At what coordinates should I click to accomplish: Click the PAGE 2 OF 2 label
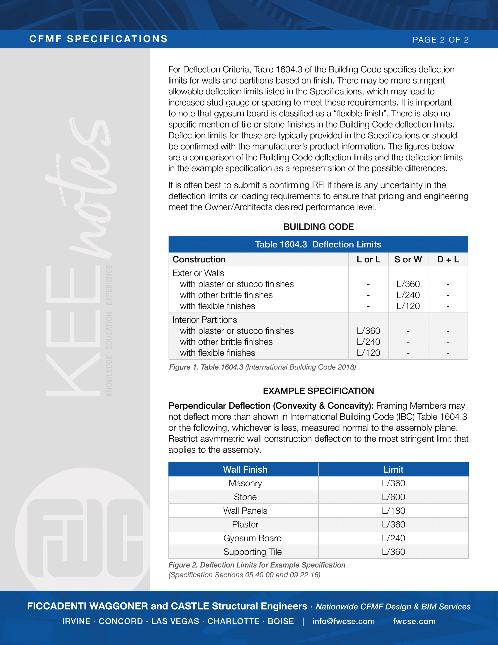tap(441, 40)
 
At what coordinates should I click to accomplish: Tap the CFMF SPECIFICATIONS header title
tap(98, 39)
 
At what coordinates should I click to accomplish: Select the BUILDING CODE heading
tap(318, 227)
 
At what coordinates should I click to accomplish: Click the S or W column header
tap(408, 259)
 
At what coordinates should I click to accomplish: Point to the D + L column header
tap(448, 259)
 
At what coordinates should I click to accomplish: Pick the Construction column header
tap(199, 259)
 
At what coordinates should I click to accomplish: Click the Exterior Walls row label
tap(198, 273)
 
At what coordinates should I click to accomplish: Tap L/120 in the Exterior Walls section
tap(408, 306)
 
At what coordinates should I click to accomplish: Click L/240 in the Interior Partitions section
tap(368, 342)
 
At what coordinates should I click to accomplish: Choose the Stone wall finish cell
tap(245, 497)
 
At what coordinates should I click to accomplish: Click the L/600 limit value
tap(393, 497)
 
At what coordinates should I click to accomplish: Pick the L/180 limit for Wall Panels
tap(393, 511)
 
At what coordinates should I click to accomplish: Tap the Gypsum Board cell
tap(252, 538)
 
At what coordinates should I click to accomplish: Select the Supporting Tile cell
tap(252, 552)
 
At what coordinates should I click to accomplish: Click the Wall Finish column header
tap(245, 470)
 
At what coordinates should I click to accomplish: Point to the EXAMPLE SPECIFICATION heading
tap(318, 391)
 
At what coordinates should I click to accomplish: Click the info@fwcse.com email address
tap(343, 621)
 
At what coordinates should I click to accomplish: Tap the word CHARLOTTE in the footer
tap(233, 621)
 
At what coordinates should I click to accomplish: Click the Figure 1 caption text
tap(262, 367)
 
